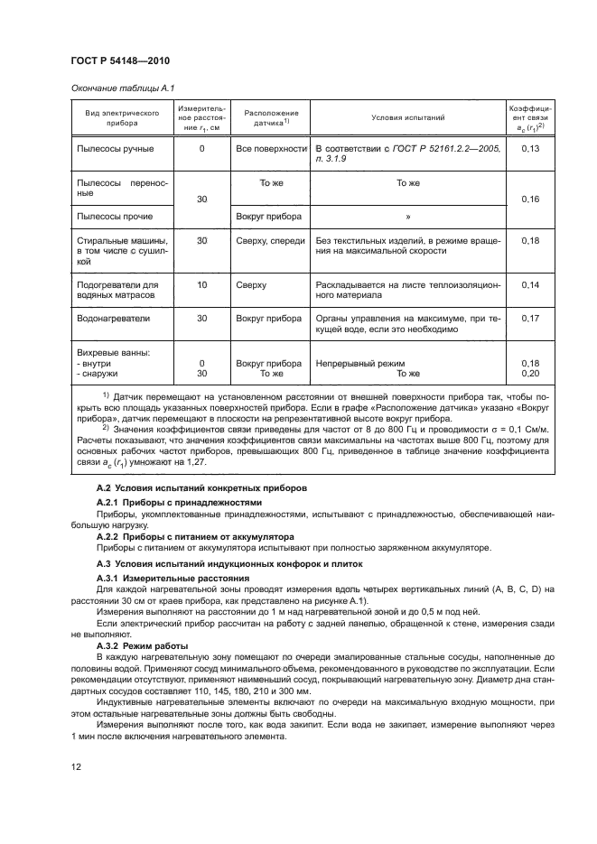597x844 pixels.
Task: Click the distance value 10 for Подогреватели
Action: [201, 285]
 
